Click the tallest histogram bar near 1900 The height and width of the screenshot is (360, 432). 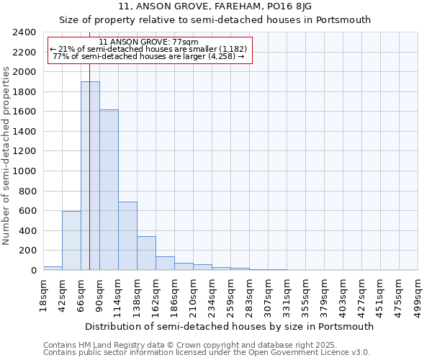(x=90, y=176)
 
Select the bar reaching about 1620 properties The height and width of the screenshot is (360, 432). (x=109, y=190)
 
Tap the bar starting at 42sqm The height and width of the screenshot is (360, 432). (x=71, y=240)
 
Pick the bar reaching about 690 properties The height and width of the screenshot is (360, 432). (x=127, y=236)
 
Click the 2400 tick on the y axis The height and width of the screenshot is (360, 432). (x=24, y=33)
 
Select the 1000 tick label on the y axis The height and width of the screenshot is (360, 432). (x=24, y=172)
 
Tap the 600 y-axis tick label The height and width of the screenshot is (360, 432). (x=27, y=212)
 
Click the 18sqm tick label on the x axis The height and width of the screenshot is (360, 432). (x=44, y=294)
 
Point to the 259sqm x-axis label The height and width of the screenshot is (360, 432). (x=231, y=294)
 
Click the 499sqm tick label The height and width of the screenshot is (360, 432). (x=418, y=294)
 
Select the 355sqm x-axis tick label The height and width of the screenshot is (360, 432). (x=306, y=294)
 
